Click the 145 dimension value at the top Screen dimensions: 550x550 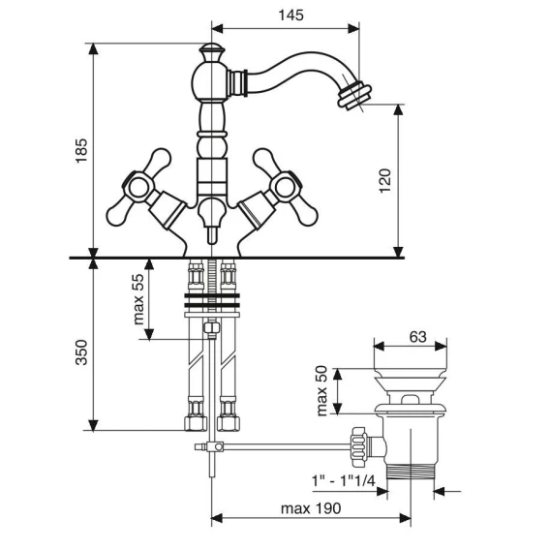pyautogui.click(x=290, y=15)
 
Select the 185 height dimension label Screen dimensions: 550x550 pyautogui.click(x=81, y=150)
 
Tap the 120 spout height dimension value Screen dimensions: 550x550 pyautogui.click(x=384, y=181)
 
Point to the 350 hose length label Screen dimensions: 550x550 pyautogui.click(x=81, y=352)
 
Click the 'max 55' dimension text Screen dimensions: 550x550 pyautogui.click(x=138, y=299)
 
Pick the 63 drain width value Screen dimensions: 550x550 pyautogui.click(x=417, y=337)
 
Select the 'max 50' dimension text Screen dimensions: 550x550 pyautogui.click(x=321, y=391)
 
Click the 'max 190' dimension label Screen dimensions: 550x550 pyautogui.click(x=311, y=508)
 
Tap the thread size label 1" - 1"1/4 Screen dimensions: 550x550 pyautogui.click(x=344, y=480)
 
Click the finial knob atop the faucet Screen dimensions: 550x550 pyautogui.click(x=211, y=52)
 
